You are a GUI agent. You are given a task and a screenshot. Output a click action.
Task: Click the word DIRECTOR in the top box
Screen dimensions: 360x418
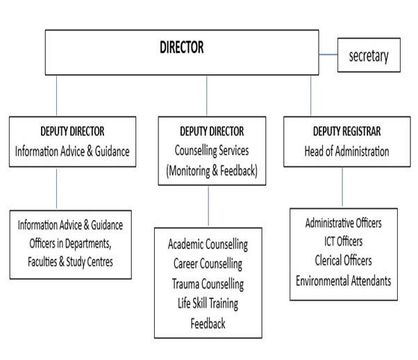click(x=181, y=48)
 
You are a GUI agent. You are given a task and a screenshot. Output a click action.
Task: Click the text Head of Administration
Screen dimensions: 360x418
click(x=343, y=150)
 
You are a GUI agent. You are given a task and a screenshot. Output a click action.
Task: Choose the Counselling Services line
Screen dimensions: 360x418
click(x=208, y=150)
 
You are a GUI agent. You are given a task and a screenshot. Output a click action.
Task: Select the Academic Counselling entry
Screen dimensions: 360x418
click(x=208, y=245)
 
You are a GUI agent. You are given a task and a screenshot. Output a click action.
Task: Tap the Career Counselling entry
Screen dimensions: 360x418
click(x=208, y=264)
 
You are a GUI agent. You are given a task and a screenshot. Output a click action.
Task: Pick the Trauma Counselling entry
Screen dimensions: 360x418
click(x=208, y=284)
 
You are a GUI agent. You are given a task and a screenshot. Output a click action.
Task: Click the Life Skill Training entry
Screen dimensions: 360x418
click(x=208, y=303)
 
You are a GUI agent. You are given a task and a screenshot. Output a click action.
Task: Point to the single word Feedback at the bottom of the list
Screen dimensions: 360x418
click(x=208, y=323)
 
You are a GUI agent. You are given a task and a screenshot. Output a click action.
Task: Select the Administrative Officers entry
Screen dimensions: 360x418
click(x=343, y=223)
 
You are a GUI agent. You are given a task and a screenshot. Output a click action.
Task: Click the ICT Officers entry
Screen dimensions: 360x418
click(x=343, y=242)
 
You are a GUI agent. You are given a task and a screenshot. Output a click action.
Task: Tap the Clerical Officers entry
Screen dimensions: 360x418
click(x=343, y=261)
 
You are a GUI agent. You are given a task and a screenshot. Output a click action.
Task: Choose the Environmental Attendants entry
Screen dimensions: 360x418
click(x=343, y=280)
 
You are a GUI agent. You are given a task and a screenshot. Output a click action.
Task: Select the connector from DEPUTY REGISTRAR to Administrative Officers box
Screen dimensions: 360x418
click(x=342, y=187)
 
